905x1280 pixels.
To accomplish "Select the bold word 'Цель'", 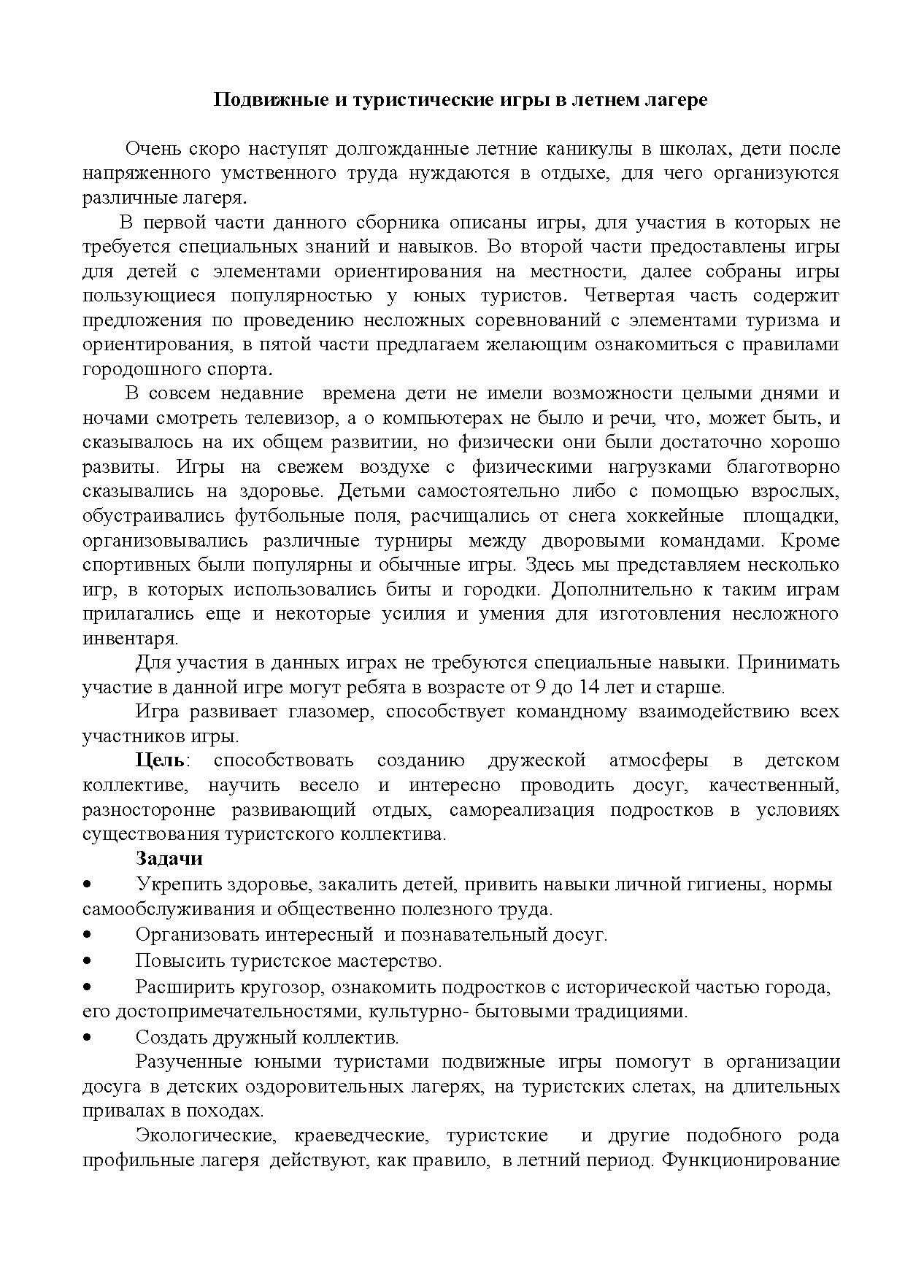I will tap(161, 760).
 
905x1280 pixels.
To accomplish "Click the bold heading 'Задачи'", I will tap(169, 858).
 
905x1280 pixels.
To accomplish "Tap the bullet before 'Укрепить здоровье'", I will tap(87, 884).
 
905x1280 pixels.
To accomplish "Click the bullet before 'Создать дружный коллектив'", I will tap(87, 1037).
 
